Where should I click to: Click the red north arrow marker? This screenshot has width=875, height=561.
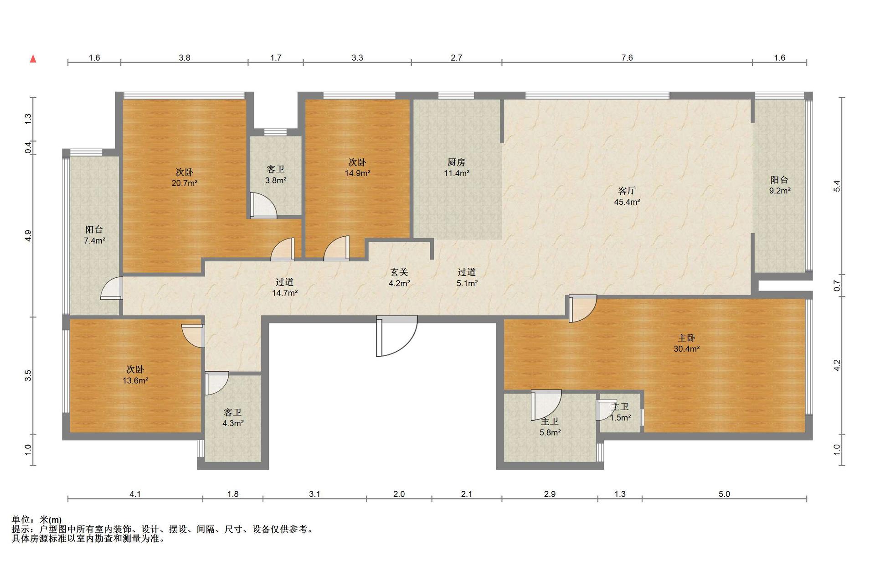click(33, 59)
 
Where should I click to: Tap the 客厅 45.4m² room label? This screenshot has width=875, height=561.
click(627, 196)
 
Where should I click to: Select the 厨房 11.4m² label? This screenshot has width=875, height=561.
click(456, 167)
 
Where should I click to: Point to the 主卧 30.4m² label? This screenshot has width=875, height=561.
click(686, 343)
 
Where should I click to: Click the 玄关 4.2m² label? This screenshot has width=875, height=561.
click(399, 277)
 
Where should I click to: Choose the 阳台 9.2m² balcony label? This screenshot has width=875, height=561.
click(780, 185)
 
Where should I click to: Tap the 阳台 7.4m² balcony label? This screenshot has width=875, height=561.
click(94, 235)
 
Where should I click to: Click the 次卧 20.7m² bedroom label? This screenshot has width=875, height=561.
click(184, 177)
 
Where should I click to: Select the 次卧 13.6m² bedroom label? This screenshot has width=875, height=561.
click(135, 374)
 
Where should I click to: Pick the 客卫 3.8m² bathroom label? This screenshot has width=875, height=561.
click(276, 175)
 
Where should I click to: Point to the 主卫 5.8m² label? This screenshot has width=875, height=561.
click(550, 427)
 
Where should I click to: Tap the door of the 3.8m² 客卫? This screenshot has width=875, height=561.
click(263, 206)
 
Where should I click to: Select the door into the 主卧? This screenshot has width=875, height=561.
click(582, 309)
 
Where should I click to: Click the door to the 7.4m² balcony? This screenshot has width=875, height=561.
click(112, 288)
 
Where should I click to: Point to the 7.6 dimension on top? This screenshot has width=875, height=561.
click(627, 57)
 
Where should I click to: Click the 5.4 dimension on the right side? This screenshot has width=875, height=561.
click(836, 186)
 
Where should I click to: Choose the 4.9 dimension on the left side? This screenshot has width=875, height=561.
click(28, 236)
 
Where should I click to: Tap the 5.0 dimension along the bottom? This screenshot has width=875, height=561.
click(724, 494)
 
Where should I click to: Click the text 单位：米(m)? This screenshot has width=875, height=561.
click(36, 519)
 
